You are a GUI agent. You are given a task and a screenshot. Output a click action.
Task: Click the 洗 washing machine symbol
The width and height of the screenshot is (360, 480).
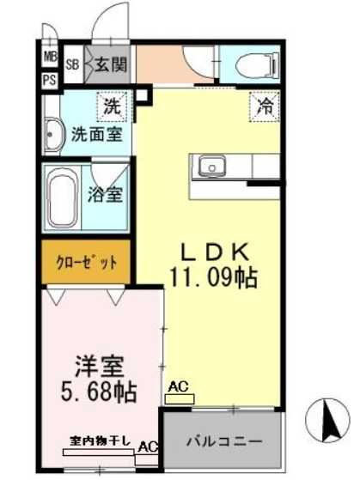pyautogui.click(x=114, y=108)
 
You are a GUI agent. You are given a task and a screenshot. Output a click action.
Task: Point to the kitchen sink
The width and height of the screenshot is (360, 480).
pyautogui.click(x=211, y=165)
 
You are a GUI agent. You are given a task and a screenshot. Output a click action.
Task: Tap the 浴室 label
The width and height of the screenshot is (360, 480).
pyautogui.click(x=108, y=193)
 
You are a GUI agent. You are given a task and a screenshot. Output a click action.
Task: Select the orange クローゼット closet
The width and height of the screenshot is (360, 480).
pyautogui.click(x=86, y=263)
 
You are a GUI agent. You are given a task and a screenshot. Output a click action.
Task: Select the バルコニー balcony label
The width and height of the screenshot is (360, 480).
pyautogui.click(x=224, y=441)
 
